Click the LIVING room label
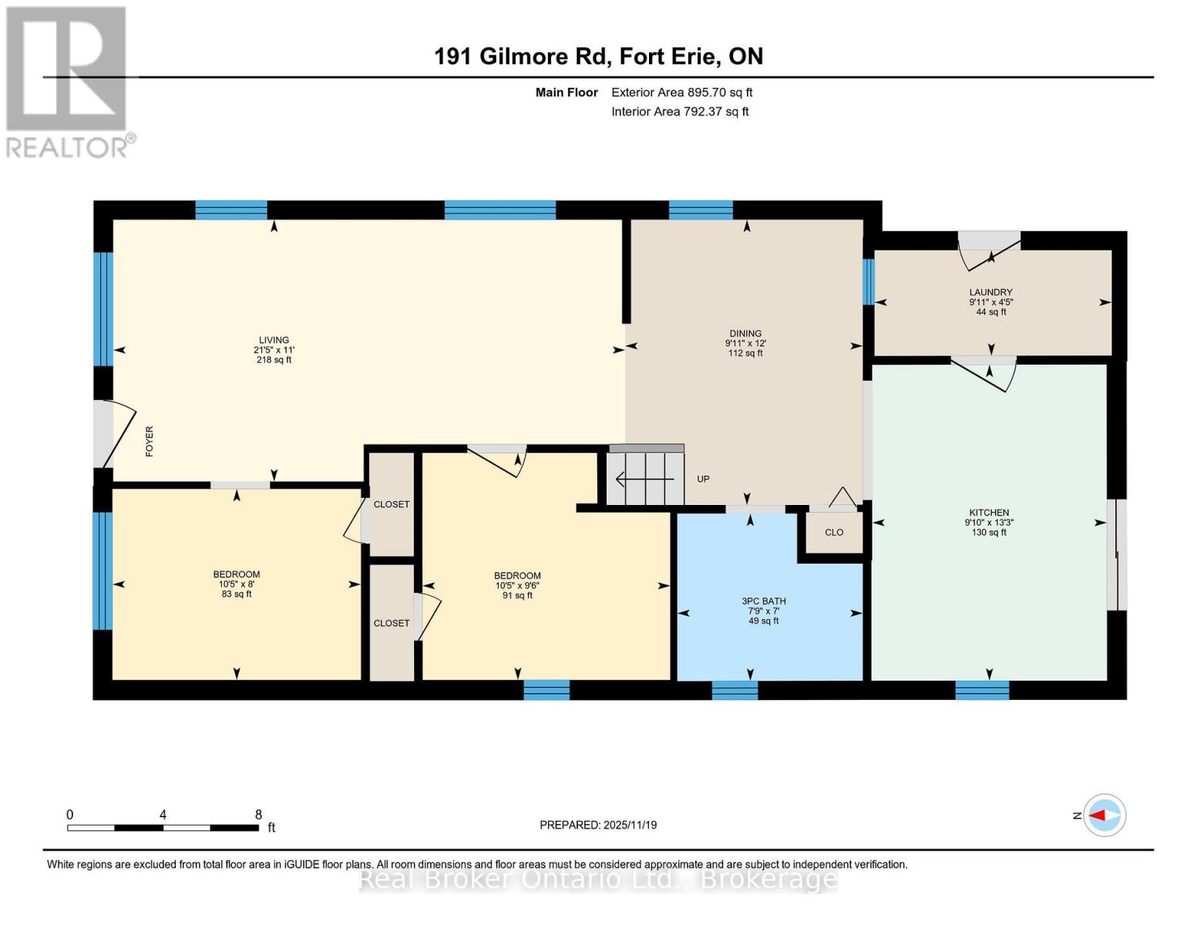[274, 340]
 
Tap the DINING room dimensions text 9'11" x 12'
[745, 344]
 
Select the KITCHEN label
[989, 513]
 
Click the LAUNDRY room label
[990, 292]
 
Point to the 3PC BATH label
[763, 601]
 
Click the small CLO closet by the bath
[834, 533]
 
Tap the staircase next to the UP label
[645, 479]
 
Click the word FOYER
[150, 441]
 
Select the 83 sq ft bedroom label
[237, 584]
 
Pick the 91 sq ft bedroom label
[517, 586]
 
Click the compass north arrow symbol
[1105, 815]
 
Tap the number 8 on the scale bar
[258, 815]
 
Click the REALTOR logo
[68, 81]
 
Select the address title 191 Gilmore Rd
[598, 56]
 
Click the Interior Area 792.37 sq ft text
[680, 112]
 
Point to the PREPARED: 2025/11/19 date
[598, 825]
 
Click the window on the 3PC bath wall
[735, 690]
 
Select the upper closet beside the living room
[392, 504]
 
